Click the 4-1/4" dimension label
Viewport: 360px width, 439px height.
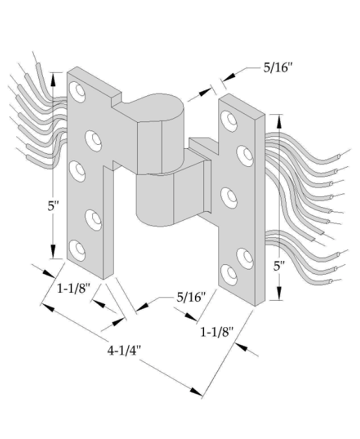pyautogui.click(x=124, y=350)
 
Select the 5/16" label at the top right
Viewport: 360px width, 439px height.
pyautogui.click(x=277, y=68)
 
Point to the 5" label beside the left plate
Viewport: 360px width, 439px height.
pyautogui.click(x=53, y=206)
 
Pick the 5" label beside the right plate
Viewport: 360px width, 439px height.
pyautogui.click(x=279, y=266)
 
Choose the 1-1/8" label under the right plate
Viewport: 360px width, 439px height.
pyautogui.click(x=216, y=332)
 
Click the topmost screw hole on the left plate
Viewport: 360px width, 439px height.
pyautogui.click(x=77, y=91)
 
